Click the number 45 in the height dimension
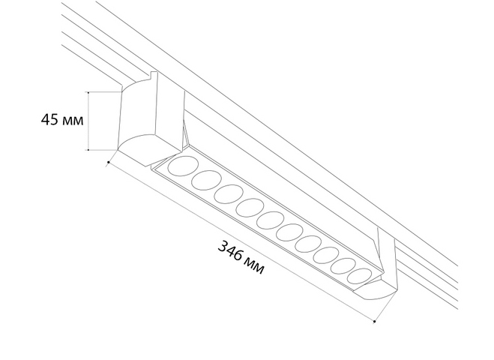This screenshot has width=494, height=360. coord(49,119)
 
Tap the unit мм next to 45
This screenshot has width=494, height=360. coord(73,121)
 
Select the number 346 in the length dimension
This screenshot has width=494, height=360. coord(231,251)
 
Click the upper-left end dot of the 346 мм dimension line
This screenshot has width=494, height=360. coord(109,162)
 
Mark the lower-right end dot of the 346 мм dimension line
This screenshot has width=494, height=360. coord(374,321)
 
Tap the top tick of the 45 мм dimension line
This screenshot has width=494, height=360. coord(88,92)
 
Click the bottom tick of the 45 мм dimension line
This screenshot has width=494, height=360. coord(88,150)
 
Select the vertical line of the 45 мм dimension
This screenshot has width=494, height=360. coord(88,121)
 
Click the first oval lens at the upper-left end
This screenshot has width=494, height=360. coord(183,166)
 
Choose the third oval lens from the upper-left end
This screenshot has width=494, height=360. coord(229,194)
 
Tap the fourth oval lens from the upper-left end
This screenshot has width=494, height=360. coord(250,208)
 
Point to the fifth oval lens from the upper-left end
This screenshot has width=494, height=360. coord(271,220)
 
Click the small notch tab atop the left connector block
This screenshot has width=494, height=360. coord(154,76)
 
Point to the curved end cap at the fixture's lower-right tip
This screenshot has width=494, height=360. coord(376,289)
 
